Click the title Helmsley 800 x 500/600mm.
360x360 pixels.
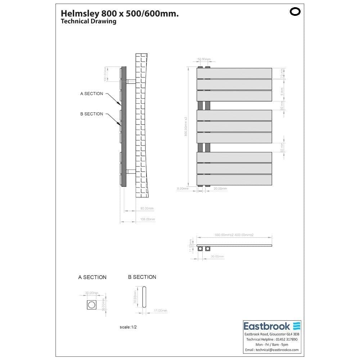(120, 13)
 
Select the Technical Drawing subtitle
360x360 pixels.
(89, 22)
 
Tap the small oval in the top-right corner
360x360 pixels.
(295, 12)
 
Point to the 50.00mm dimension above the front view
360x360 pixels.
(204, 59)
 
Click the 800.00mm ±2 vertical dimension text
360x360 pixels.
(186, 126)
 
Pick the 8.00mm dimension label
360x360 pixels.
(183, 189)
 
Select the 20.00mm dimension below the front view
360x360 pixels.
(220, 189)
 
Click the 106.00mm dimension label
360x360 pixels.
(148, 219)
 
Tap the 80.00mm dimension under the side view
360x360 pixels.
(147, 208)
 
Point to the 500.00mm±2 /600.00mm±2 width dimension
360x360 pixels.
(234, 235)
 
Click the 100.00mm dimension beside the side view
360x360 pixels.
(105, 74)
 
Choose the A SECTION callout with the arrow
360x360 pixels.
(91, 94)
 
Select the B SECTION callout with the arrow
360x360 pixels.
(91, 114)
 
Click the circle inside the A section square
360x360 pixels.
(92, 305)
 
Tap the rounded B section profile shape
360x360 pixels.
(144, 297)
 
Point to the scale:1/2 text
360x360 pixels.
(128, 327)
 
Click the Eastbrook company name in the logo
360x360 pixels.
(267, 327)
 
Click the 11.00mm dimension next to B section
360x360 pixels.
(160, 311)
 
